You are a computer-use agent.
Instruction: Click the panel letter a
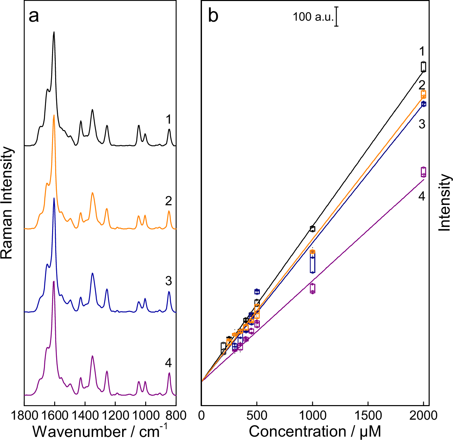pyautogui.click(x=33, y=16)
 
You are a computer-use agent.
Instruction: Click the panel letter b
pyautogui.click(x=213, y=16)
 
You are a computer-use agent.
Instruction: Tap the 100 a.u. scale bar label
pyautogui.click(x=313, y=17)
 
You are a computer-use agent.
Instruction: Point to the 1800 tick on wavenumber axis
pyautogui.click(x=24, y=415)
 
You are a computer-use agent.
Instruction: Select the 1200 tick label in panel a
pyautogui.click(x=115, y=415)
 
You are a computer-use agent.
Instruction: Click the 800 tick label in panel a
pyautogui.click(x=176, y=415)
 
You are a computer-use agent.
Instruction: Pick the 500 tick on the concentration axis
pyautogui.click(x=257, y=415)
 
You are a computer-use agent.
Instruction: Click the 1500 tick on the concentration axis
pyautogui.click(x=368, y=415)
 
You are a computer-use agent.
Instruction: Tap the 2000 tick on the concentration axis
pyautogui.click(x=423, y=415)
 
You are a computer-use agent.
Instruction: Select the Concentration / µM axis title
pyautogui.click(x=315, y=432)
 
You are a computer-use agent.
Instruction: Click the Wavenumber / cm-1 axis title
pyautogui.click(x=100, y=432)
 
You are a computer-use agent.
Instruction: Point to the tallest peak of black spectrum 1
pyautogui.click(x=54, y=33)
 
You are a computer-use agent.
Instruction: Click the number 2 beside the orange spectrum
pyautogui.click(x=168, y=201)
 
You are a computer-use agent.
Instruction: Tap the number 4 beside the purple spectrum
pyautogui.click(x=168, y=363)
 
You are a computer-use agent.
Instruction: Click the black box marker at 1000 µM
pyautogui.click(x=312, y=229)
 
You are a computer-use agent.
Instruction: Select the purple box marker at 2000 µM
pyautogui.click(x=423, y=172)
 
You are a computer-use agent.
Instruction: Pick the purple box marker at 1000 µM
pyautogui.click(x=312, y=288)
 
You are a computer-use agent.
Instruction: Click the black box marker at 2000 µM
pyautogui.click(x=423, y=67)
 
